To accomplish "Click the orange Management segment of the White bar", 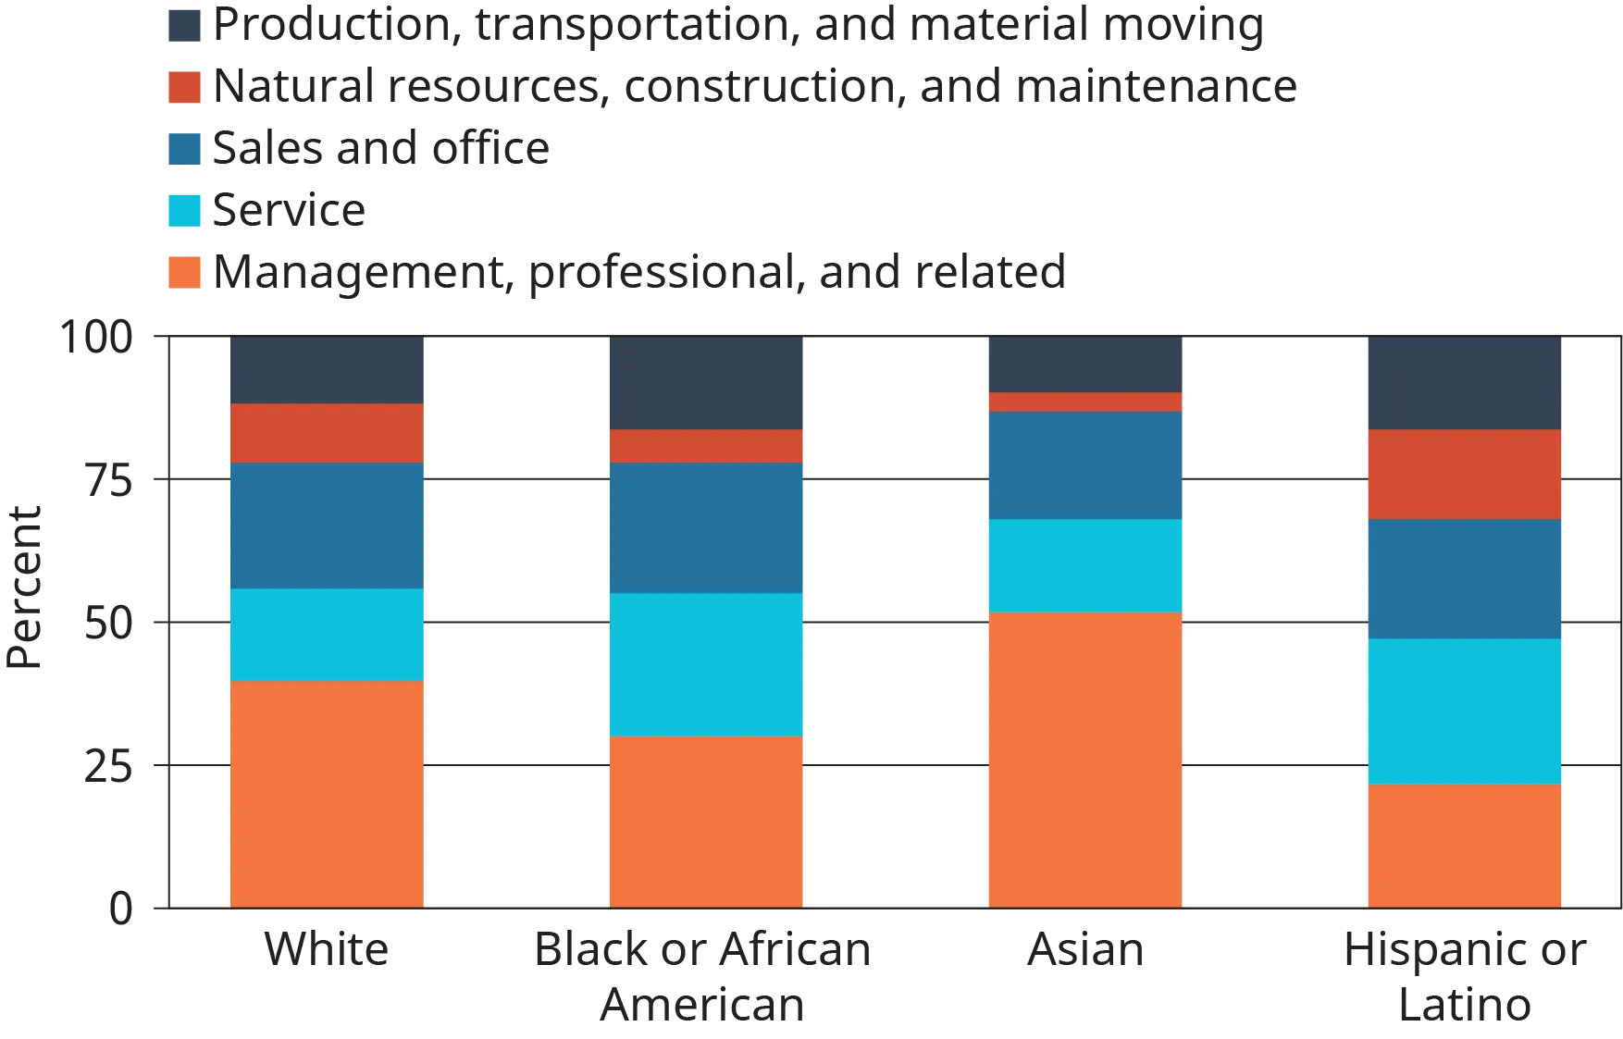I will [x=327, y=794].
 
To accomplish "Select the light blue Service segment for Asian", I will [x=1085, y=565].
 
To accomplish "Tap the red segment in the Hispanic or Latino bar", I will [x=1464, y=474].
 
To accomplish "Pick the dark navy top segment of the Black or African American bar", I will [x=706, y=383].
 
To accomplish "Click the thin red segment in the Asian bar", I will [x=1085, y=402].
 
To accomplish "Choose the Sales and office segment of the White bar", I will [x=327, y=525].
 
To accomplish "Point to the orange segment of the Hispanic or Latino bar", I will [x=1464, y=845].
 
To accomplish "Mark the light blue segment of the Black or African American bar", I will [x=706, y=664].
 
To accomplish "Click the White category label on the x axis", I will [x=327, y=952].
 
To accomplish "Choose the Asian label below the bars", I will [x=1084, y=952].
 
